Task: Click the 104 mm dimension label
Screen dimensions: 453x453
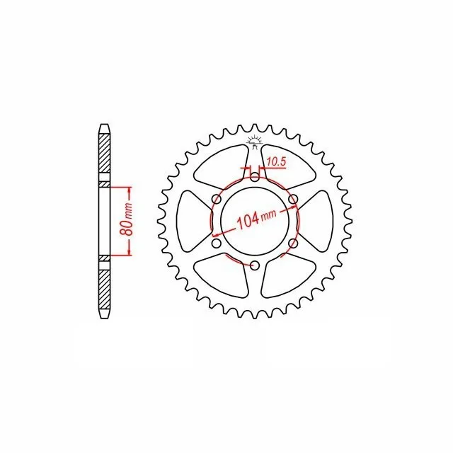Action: tap(256, 217)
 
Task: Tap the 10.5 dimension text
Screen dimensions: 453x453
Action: tap(276, 162)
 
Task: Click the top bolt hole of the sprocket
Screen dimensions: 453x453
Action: tap(255, 178)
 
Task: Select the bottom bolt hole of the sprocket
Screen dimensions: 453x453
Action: tap(255, 265)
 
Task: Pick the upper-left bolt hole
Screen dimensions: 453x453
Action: tap(217, 199)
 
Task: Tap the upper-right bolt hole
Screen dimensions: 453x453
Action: tap(293, 199)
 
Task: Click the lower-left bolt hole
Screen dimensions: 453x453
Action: tap(217, 243)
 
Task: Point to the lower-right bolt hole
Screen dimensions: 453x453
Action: tap(293, 243)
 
